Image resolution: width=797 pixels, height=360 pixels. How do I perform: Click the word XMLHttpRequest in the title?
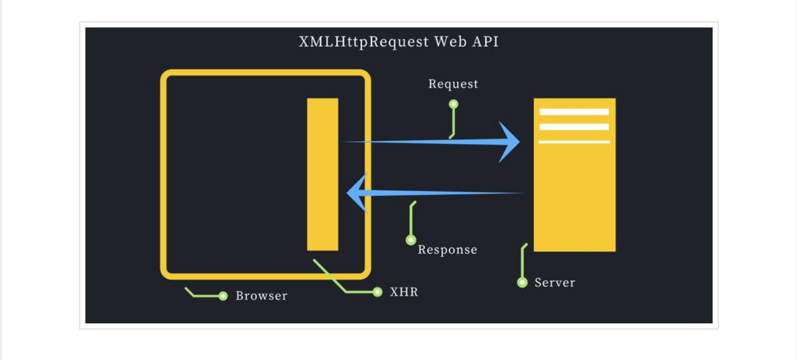pyautogui.click(x=363, y=42)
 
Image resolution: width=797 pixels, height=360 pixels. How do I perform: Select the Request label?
pyautogui.click(x=453, y=84)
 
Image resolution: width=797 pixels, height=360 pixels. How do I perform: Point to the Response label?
pyautogui.click(x=447, y=250)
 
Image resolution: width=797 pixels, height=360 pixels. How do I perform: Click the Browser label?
pyautogui.click(x=261, y=295)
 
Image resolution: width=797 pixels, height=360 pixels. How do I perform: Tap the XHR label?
pyautogui.click(x=404, y=292)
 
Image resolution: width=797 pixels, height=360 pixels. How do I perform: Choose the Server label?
pyautogui.click(x=555, y=283)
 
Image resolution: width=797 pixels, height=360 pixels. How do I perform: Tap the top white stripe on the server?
pyautogui.click(x=574, y=112)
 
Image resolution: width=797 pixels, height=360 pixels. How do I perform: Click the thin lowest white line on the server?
pyautogui.click(x=574, y=142)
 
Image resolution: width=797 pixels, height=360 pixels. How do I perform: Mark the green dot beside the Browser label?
pyautogui.click(x=223, y=296)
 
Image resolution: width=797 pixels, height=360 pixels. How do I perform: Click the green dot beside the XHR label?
pyautogui.click(x=377, y=292)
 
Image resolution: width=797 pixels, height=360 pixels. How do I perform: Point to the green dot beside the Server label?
pyautogui.click(x=522, y=283)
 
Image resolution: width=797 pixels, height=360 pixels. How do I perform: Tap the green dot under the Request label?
pyautogui.click(x=453, y=104)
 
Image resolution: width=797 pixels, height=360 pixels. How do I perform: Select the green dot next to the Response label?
pyautogui.click(x=411, y=240)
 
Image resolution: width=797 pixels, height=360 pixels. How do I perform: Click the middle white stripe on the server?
pyautogui.click(x=574, y=127)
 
